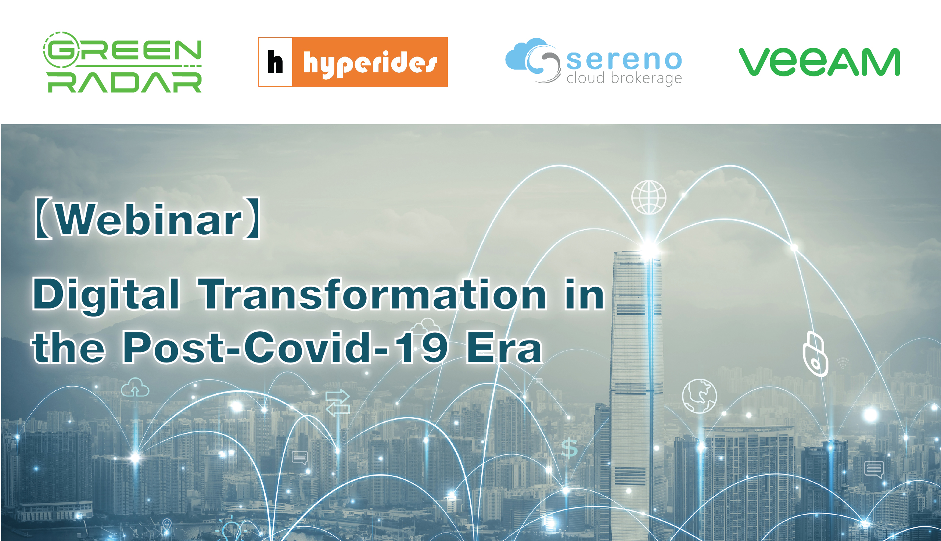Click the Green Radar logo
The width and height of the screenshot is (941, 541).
pos(122,62)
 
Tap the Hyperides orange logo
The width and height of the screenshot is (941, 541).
pos(353,62)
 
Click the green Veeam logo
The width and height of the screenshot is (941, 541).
pos(819,62)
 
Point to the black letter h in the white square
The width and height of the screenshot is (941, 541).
pos(275,62)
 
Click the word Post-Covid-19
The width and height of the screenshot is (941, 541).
pos(285,347)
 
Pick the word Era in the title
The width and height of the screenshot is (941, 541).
pos(504,347)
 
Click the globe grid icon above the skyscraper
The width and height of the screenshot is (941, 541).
pos(649,197)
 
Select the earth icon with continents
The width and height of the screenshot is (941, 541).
pos(699,396)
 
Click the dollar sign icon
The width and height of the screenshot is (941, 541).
pos(569,448)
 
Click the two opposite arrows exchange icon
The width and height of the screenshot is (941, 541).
pos(337,403)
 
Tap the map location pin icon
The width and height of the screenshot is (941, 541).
pos(167,524)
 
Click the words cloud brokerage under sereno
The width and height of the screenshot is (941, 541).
pos(624,78)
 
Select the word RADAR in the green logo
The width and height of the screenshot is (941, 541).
pos(125,82)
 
